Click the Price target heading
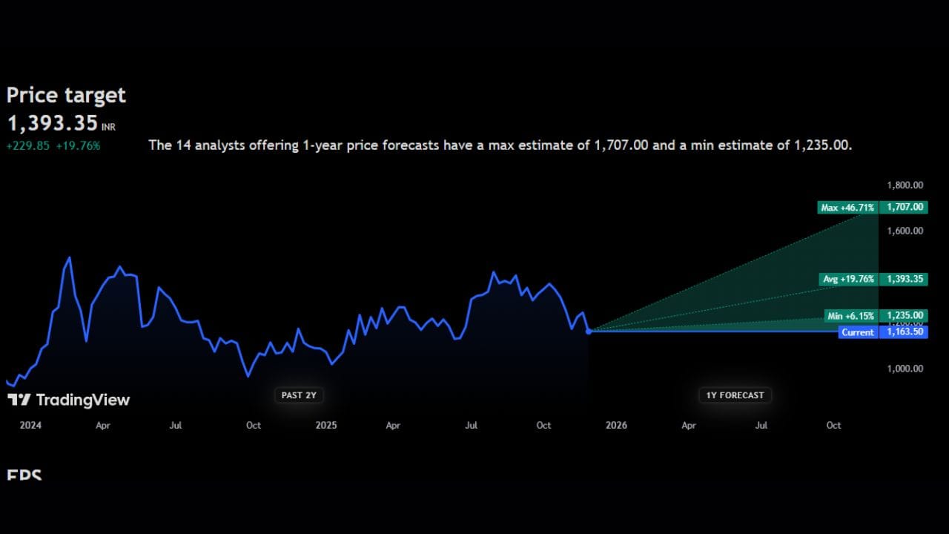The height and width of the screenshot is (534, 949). [x=66, y=96]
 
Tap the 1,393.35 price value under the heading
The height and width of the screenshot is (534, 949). [x=53, y=123]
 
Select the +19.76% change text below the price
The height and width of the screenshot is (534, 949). [x=78, y=145]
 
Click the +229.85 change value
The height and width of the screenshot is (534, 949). [x=27, y=145]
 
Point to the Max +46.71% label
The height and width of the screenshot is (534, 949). [x=847, y=208]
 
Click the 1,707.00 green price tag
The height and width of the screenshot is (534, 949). [x=904, y=208]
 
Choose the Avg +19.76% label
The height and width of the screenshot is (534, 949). [x=849, y=279]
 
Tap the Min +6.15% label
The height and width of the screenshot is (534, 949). [x=850, y=316]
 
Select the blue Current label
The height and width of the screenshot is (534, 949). [x=858, y=332]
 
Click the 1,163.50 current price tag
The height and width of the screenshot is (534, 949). [x=904, y=332]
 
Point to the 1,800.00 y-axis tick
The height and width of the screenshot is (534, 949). [x=905, y=185]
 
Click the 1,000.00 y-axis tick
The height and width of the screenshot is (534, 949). [x=905, y=369]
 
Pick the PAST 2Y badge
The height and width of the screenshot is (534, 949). [x=299, y=395]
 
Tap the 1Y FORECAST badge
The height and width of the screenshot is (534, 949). [x=735, y=395]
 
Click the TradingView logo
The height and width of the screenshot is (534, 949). [x=68, y=400]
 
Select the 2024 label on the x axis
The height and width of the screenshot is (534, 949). [x=30, y=426]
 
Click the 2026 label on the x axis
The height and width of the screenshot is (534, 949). [x=616, y=426]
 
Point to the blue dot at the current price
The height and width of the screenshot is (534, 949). [x=589, y=331]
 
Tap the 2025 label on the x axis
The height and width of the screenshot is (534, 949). [x=325, y=426]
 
